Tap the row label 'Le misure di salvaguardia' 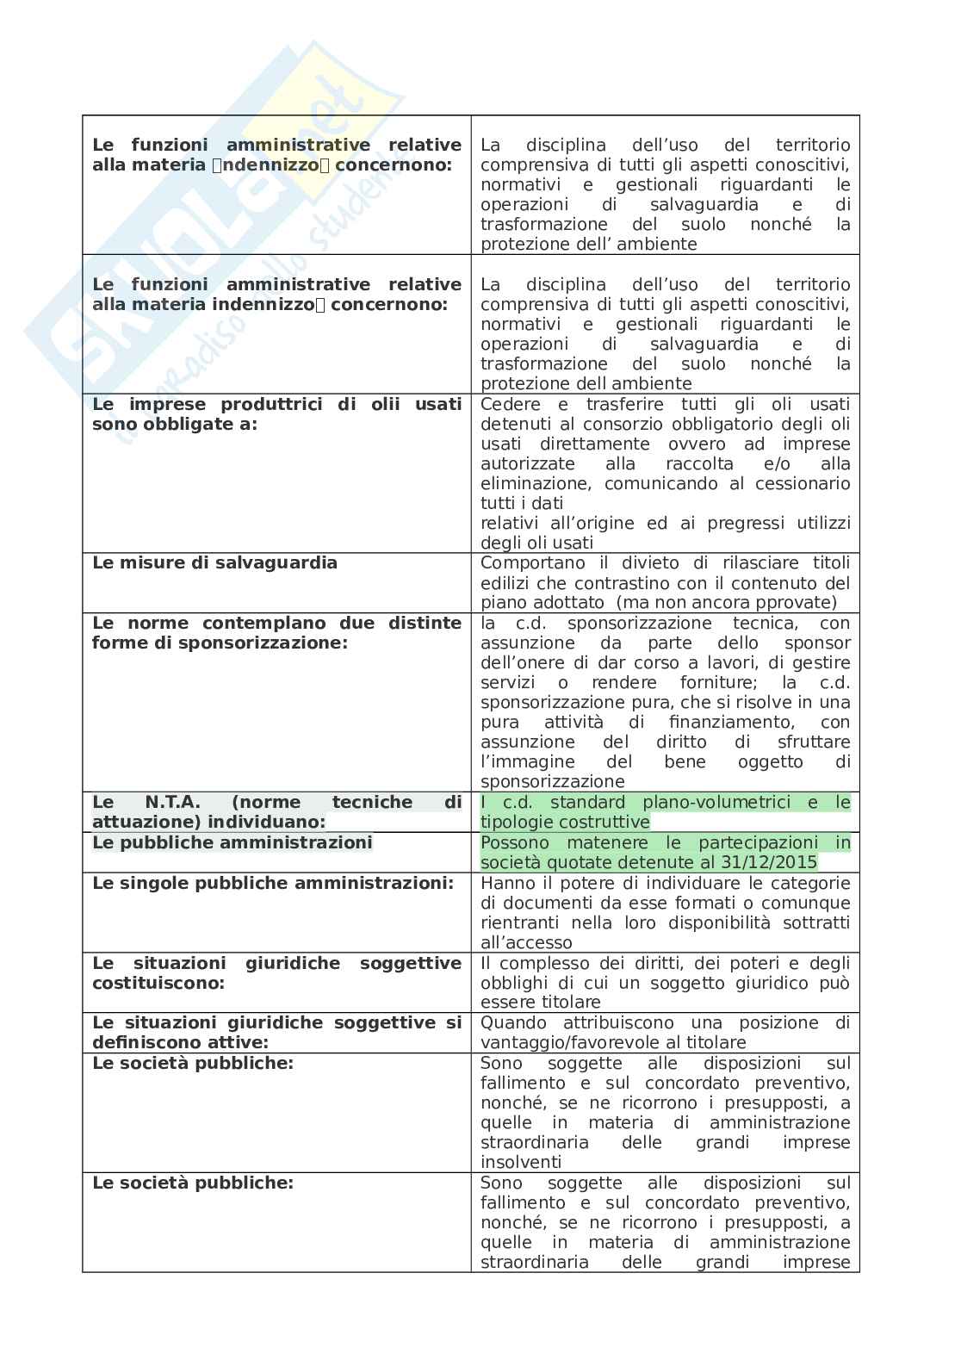click(x=214, y=563)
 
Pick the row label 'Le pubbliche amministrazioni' click(x=232, y=843)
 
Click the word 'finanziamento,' click(x=731, y=723)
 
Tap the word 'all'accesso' click(x=526, y=943)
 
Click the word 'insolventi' click(x=521, y=1163)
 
